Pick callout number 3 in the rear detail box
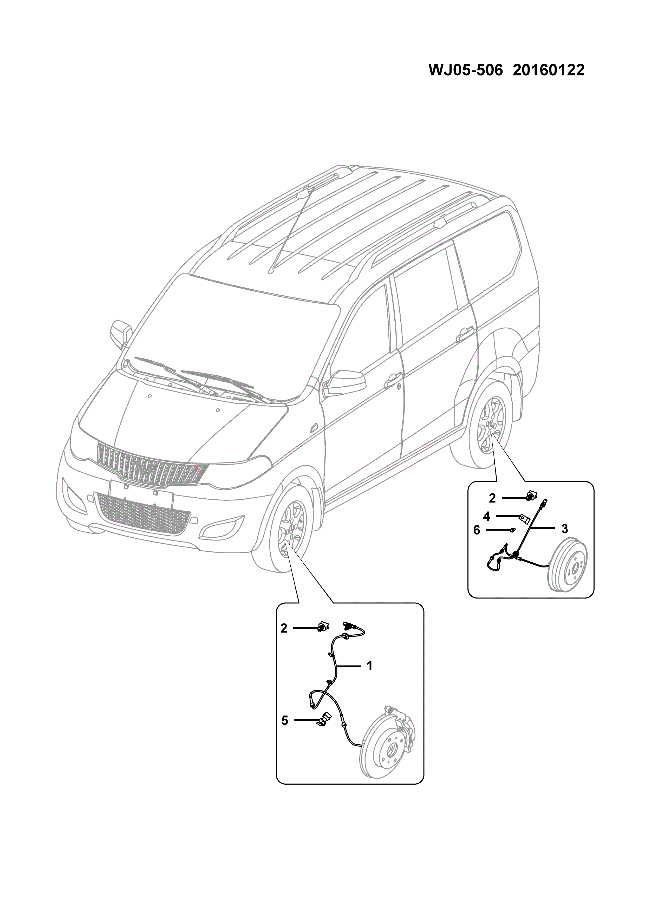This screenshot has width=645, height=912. tap(564, 529)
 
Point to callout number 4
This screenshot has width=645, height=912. tap(486, 516)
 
